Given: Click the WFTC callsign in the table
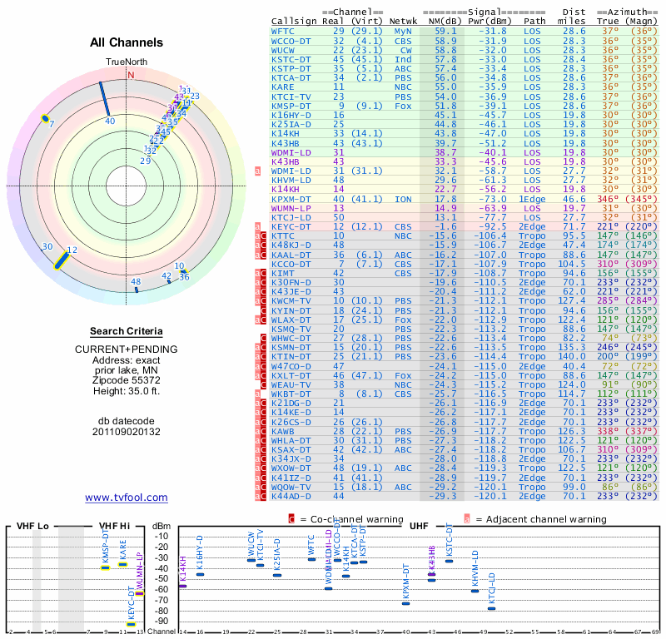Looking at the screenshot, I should point(282,31).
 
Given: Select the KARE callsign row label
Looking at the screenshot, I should point(282,87).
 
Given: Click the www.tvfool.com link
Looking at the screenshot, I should point(127,498).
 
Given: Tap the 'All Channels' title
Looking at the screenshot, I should point(127,42).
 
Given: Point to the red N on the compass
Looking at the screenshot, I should point(130,75).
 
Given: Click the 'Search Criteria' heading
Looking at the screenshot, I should point(127,330).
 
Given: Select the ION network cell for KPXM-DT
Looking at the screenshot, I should point(403,200).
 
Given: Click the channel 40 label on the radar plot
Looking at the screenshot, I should point(110,121).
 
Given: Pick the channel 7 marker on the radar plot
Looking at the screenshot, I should point(45,119).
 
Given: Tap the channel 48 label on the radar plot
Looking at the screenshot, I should point(136,282).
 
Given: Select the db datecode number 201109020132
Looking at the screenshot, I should point(127,431).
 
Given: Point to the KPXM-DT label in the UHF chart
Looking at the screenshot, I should point(405,582).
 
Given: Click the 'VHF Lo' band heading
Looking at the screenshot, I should point(32,526).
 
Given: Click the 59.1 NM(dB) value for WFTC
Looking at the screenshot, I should point(445,31).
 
